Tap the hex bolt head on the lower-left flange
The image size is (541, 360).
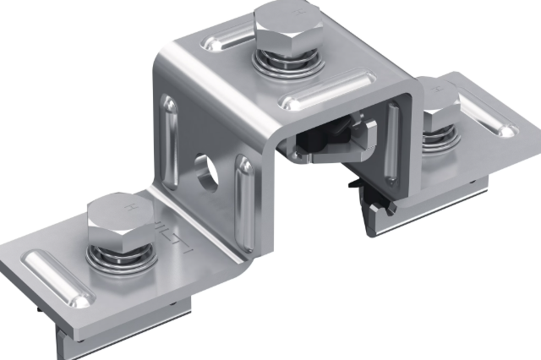tap(119, 217)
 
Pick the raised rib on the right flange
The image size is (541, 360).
tap(494, 113)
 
